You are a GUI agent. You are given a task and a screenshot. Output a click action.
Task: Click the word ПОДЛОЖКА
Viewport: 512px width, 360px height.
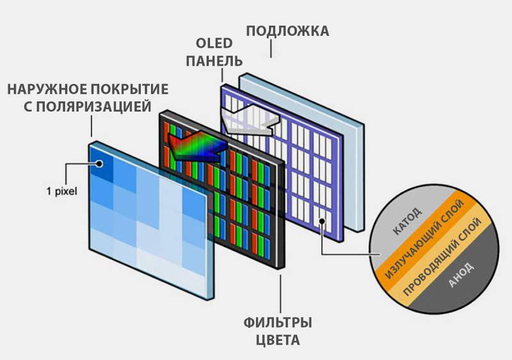[x=288, y=31]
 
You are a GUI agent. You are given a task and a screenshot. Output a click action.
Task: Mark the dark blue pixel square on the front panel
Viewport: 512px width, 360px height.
[x=102, y=163]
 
